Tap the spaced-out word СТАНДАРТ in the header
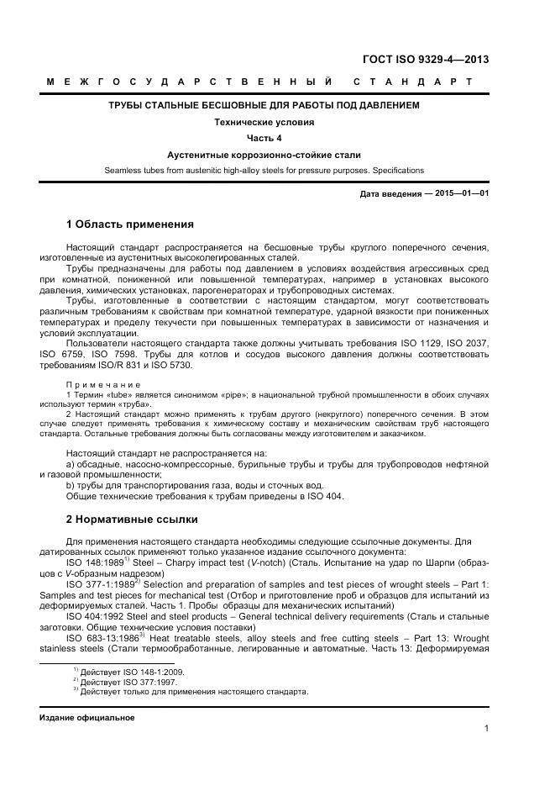click(x=413, y=82)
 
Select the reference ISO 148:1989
click(x=94, y=563)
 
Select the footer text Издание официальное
click(x=86, y=718)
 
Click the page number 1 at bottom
click(x=486, y=729)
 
